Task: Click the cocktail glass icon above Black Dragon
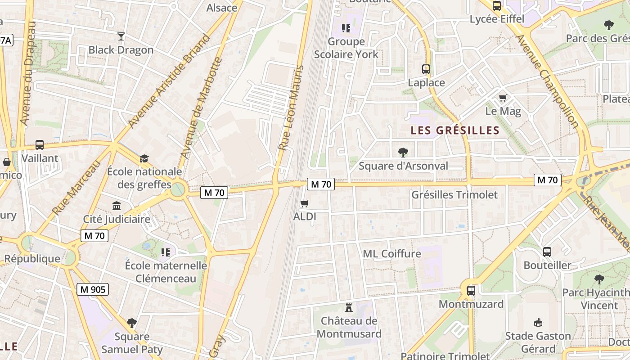(121, 36)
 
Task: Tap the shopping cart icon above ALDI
(305, 204)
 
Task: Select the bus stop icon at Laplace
(426, 69)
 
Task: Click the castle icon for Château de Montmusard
(348, 308)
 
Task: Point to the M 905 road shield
(93, 289)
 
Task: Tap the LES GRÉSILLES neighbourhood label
(455, 130)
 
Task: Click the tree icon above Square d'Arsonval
(403, 153)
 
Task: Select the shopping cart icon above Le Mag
(503, 98)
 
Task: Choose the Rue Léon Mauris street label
(291, 108)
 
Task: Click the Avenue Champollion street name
(546, 81)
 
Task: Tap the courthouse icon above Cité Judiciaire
(117, 206)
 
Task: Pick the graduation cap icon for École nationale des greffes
(144, 158)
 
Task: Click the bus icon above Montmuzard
(471, 291)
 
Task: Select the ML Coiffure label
(392, 254)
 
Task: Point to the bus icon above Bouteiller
(547, 252)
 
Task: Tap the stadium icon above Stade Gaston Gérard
(538, 322)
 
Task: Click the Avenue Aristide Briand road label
(169, 81)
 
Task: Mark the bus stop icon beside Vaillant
(40, 145)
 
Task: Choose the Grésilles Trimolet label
(454, 195)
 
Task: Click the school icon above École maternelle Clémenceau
(166, 252)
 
